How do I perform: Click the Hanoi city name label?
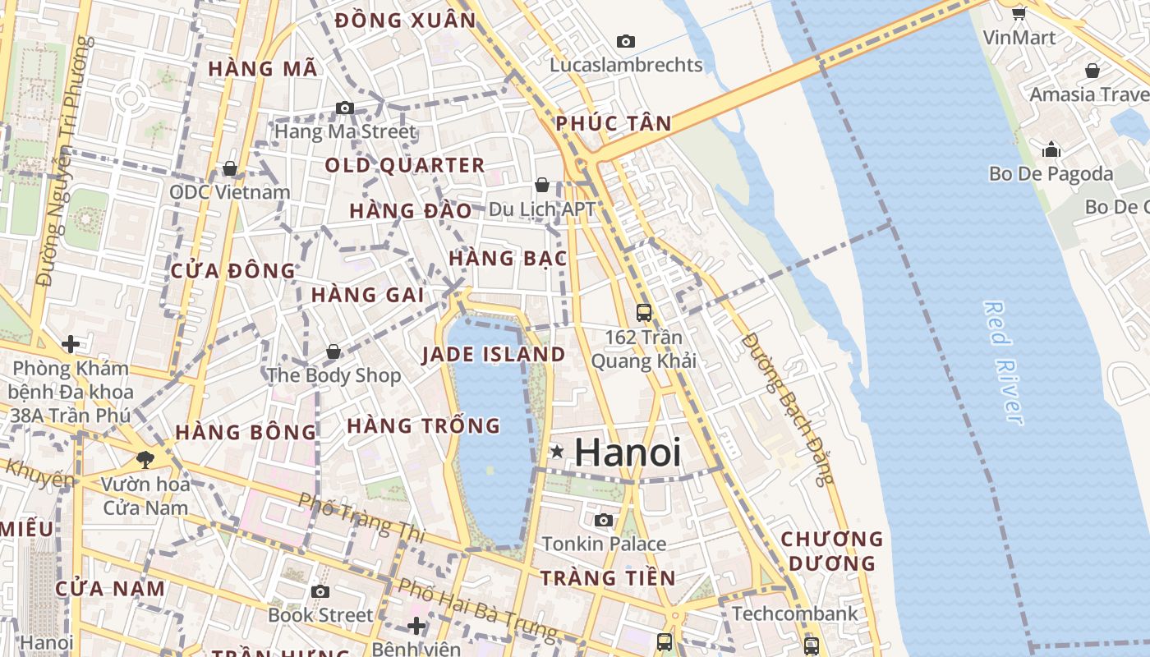pyautogui.click(x=628, y=453)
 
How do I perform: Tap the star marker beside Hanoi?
pyautogui.click(x=557, y=451)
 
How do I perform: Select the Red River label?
pyautogui.click(x=1004, y=362)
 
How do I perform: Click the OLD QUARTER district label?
pyautogui.click(x=405, y=165)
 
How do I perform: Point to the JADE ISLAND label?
pyautogui.click(x=494, y=355)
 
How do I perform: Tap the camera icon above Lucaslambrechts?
pyautogui.click(x=626, y=41)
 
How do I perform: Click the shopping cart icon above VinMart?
pyautogui.click(x=1019, y=13)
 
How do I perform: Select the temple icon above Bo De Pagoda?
pyautogui.click(x=1051, y=149)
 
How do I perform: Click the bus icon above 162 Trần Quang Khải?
pyautogui.click(x=643, y=312)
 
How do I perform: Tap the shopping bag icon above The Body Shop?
pyautogui.click(x=333, y=351)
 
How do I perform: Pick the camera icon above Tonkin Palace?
pyautogui.click(x=604, y=520)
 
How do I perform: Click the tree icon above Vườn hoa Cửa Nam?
pyautogui.click(x=145, y=459)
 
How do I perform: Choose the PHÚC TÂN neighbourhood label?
pyautogui.click(x=614, y=124)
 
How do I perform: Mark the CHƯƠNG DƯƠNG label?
pyautogui.click(x=831, y=551)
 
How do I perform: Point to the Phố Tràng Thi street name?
pyautogui.click(x=361, y=517)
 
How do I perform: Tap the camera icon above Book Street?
pyautogui.click(x=320, y=591)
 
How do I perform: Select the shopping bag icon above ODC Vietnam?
pyautogui.click(x=230, y=168)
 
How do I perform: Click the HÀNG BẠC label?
pyautogui.click(x=508, y=258)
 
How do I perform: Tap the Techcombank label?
pyautogui.click(x=794, y=613)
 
